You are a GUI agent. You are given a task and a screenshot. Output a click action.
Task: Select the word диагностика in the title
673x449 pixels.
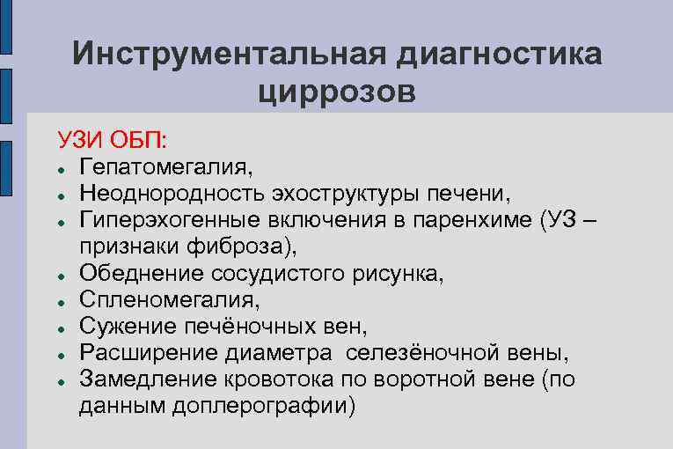(499, 54)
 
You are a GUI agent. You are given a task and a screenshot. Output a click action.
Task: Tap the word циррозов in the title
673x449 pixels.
(338, 91)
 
